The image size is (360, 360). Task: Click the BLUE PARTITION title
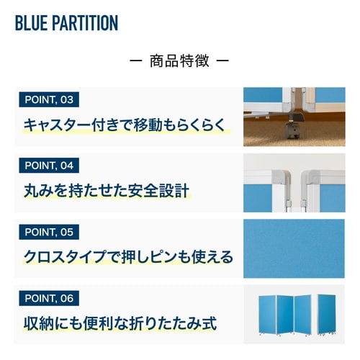(66, 22)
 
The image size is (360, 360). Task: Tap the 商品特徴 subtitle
(179, 60)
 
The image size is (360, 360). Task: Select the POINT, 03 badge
(48, 99)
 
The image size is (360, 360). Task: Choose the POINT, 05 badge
(48, 232)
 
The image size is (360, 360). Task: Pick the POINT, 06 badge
(48, 298)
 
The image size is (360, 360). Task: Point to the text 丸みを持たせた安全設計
(105, 191)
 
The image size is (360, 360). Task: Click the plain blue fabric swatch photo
(294, 248)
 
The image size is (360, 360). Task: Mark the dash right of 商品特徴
(222, 61)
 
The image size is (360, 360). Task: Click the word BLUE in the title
(30, 22)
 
